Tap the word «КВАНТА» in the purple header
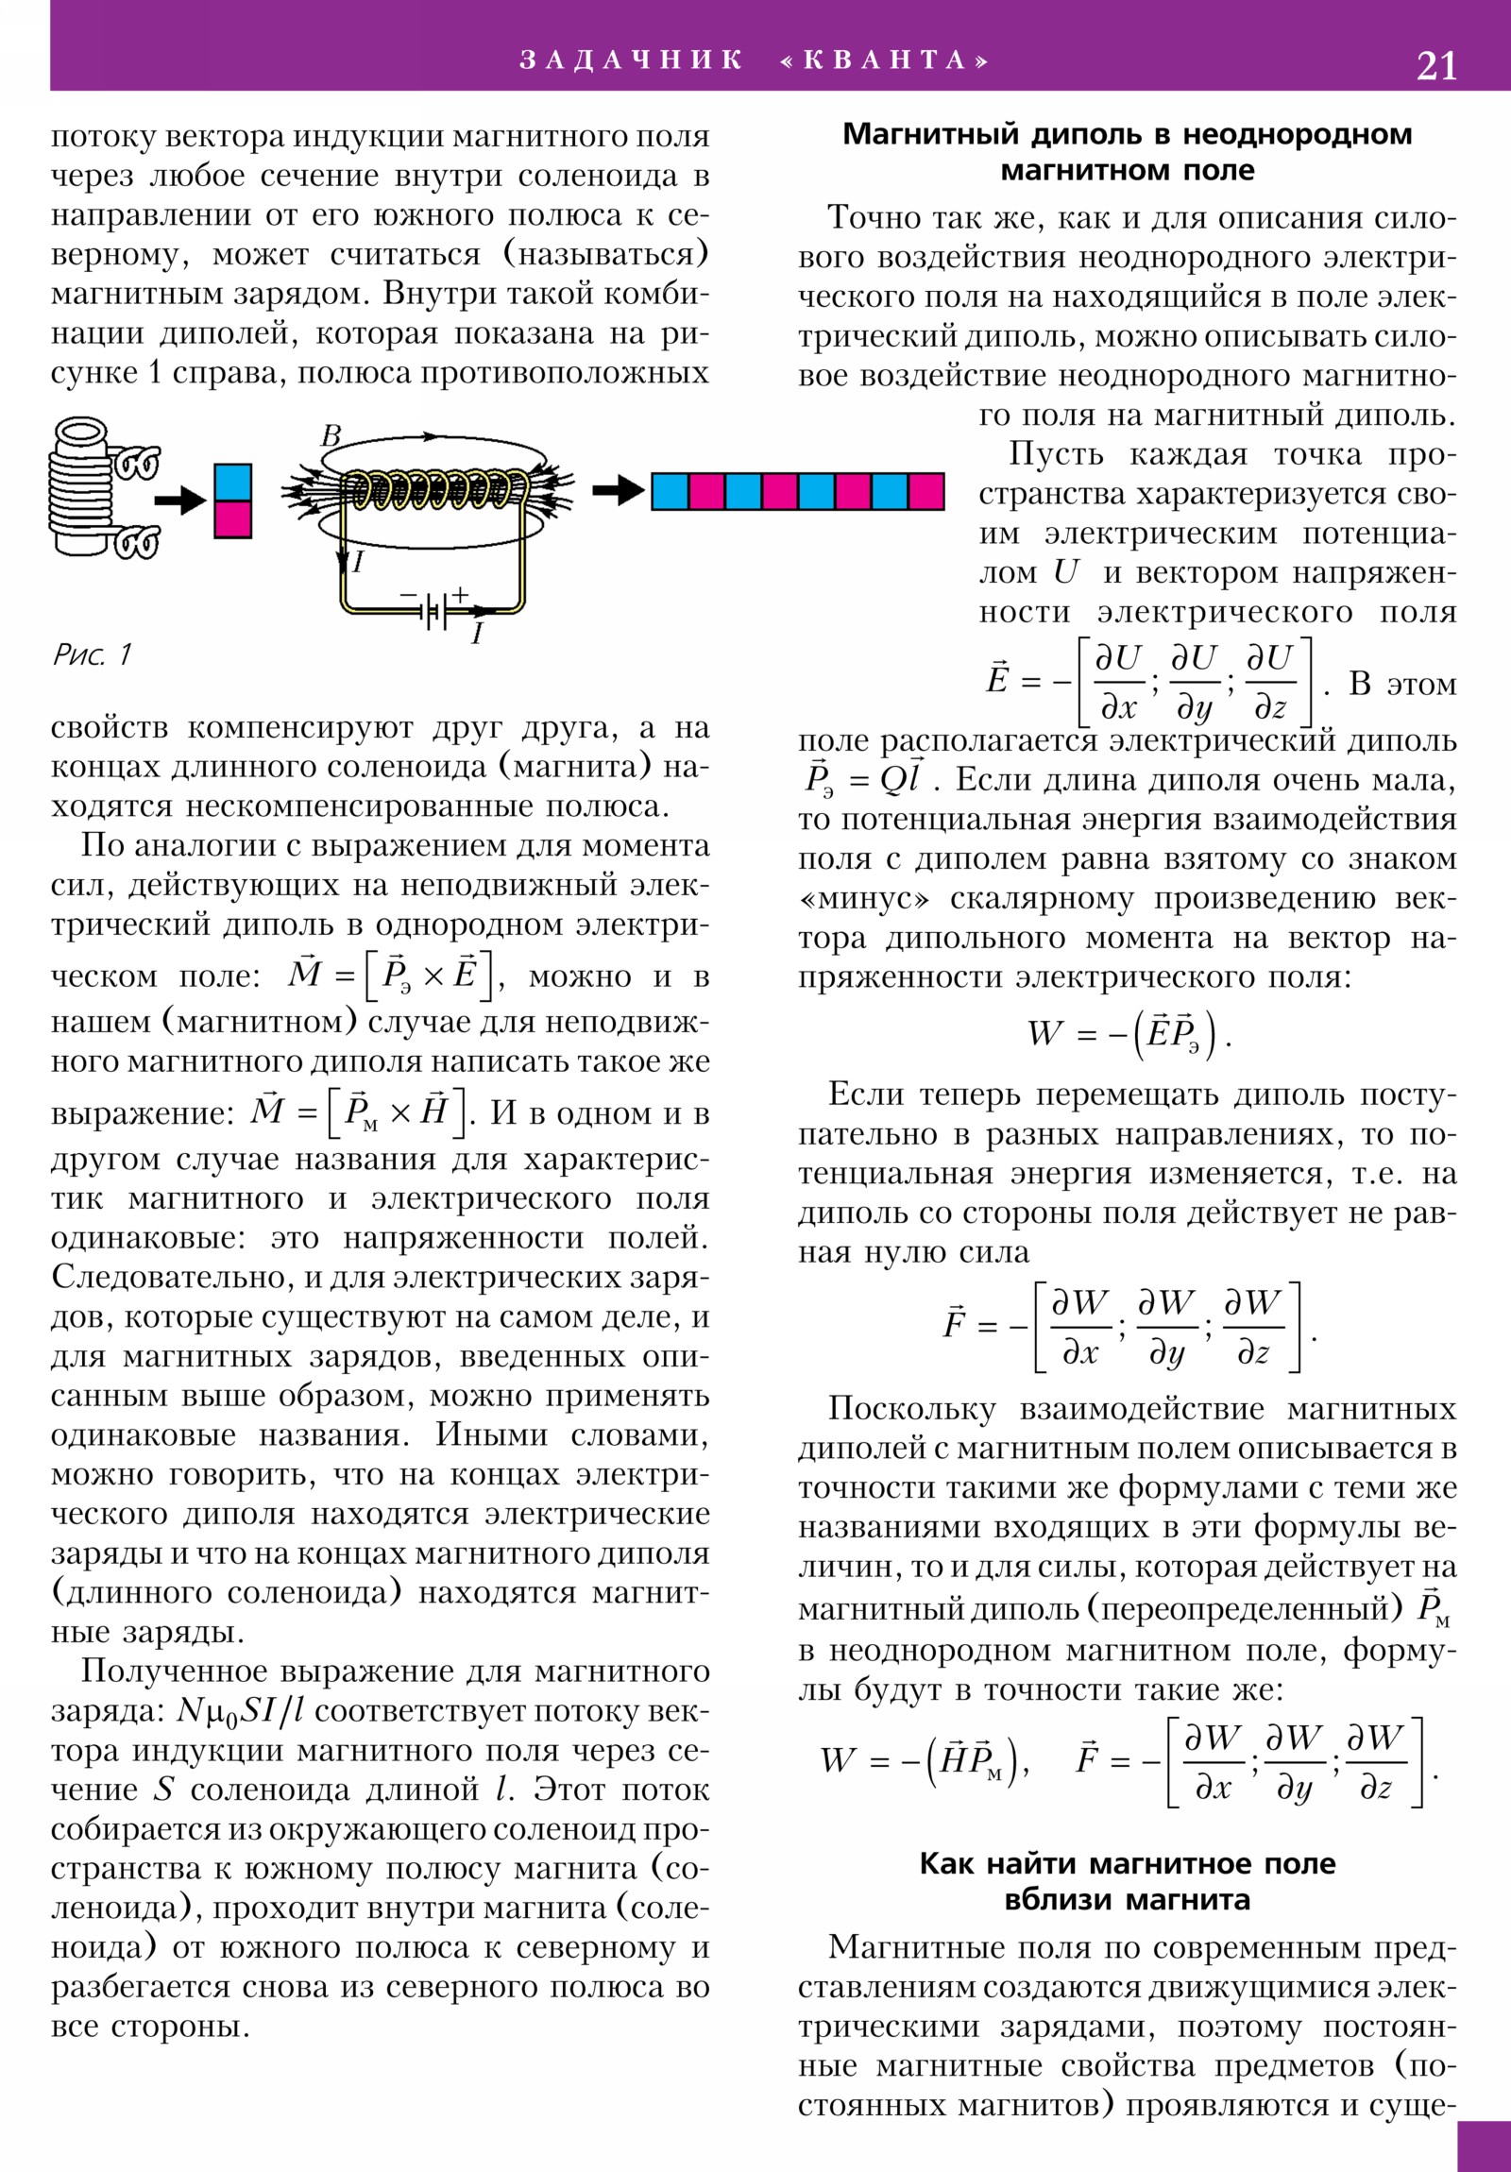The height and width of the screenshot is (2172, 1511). click(x=886, y=60)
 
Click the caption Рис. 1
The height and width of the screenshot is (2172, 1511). click(x=92, y=653)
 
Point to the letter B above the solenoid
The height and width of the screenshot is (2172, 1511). click(x=331, y=436)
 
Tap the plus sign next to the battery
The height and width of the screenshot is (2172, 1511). click(x=460, y=595)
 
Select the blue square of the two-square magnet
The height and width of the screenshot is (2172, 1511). click(x=232, y=483)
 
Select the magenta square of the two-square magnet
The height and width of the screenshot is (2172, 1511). click(x=232, y=519)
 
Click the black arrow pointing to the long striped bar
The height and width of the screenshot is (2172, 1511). click(x=618, y=490)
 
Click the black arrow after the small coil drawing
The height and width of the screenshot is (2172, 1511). click(x=179, y=500)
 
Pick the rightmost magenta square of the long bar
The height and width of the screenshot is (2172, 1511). click(x=925, y=492)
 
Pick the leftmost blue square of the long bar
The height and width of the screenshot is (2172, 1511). click(x=670, y=492)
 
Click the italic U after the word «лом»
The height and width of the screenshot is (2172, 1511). click(x=1065, y=573)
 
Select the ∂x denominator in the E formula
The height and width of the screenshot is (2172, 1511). click(x=1118, y=706)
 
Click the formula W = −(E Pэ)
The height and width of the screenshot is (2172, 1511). click(x=1129, y=1033)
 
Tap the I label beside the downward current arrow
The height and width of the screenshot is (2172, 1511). click(x=358, y=563)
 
